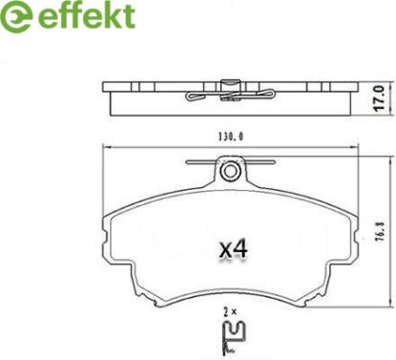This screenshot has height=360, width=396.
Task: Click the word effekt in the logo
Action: pos(87,15)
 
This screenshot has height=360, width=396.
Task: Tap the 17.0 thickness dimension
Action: pos(380,98)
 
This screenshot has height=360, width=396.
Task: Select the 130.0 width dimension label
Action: pos(231,137)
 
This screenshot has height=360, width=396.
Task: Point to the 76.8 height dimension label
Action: pos(380,232)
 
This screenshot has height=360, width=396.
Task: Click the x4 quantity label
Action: pos(234,249)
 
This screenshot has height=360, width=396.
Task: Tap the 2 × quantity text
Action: pos(230,312)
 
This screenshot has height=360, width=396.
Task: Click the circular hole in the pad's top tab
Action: pos(229,172)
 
